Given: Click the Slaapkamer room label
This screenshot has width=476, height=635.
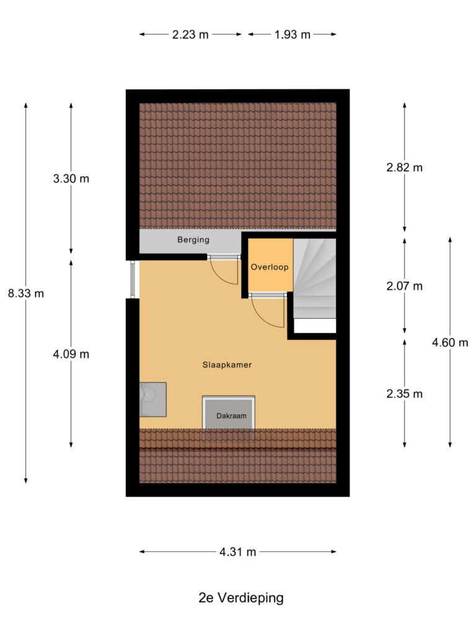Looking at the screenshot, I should [227, 365].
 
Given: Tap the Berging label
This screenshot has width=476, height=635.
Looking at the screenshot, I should [193, 240].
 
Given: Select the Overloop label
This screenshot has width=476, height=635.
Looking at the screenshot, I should [270, 267].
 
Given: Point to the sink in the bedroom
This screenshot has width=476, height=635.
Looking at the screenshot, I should [152, 399].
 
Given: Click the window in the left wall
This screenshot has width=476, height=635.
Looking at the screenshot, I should [133, 279].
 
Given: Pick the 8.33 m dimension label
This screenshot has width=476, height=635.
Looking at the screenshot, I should [26, 293].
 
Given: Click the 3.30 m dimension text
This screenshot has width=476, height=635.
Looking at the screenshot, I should [71, 179].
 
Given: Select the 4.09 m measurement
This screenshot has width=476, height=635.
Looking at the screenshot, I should [71, 355].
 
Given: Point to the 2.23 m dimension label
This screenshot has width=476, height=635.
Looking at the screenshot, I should [190, 35].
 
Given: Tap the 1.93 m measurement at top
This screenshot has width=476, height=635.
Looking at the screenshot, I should [293, 35].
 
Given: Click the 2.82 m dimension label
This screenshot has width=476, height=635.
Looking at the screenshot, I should [404, 167].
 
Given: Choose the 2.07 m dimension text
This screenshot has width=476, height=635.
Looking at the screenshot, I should [404, 286].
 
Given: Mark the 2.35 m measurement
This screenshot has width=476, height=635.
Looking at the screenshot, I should [404, 394].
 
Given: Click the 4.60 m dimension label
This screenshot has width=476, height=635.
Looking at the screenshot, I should [450, 342].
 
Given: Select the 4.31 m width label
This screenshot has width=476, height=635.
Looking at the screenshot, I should [238, 552].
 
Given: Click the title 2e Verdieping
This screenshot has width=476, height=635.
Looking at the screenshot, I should [241, 598].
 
